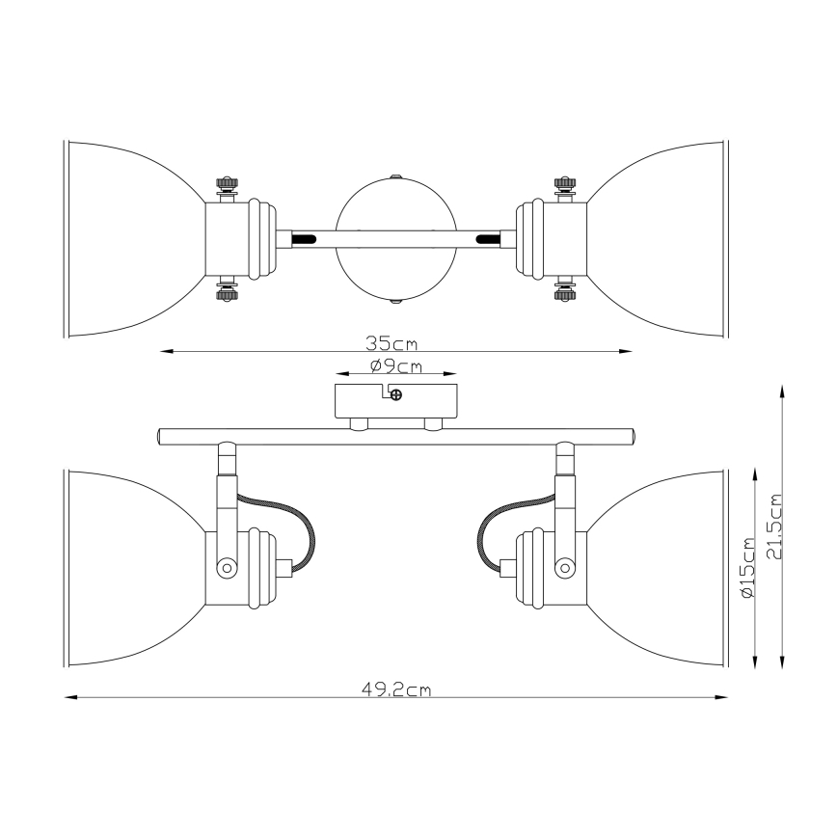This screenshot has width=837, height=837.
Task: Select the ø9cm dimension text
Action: tap(395, 365)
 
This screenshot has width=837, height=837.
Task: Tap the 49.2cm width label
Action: tap(395, 688)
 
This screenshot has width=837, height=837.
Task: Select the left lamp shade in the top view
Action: tap(135, 238)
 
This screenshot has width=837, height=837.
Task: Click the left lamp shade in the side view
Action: tap(135, 567)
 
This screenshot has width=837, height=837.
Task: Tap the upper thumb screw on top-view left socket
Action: tap(228, 182)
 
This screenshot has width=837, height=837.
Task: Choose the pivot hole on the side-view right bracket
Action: tap(565, 567)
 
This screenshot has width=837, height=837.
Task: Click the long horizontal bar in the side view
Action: tap(395, 436)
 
